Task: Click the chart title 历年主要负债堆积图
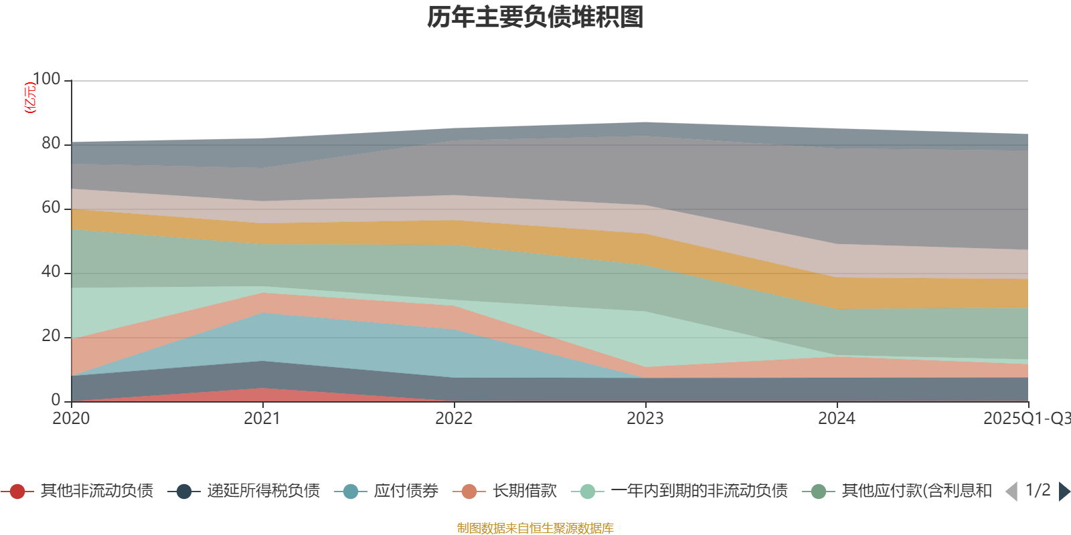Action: click(x=535, y=17)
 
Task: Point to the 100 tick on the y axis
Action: click(x=46, y=79)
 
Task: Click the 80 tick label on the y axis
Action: click(x=51, y=143)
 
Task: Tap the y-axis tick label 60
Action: click(x=51, y=207)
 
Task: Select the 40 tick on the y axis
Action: click(x=51, y=272)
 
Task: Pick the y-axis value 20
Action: click(x=51, y=336)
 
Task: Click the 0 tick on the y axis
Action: click(x=56, y=400)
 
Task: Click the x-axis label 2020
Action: click(x=71, y=419)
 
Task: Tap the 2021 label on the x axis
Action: click(x=262, y=419)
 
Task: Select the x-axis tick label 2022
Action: click(x=454, y=419)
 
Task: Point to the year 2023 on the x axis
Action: click(x=645, y=419)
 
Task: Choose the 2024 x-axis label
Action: click(x=837, y=419)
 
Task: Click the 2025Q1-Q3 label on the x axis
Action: click(x=1025, y=419)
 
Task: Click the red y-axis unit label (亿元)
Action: click(x=30, y=98)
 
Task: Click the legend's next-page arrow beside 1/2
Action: click(x=1064, y=492)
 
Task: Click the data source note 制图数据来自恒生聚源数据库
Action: click(x=535, y=528)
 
